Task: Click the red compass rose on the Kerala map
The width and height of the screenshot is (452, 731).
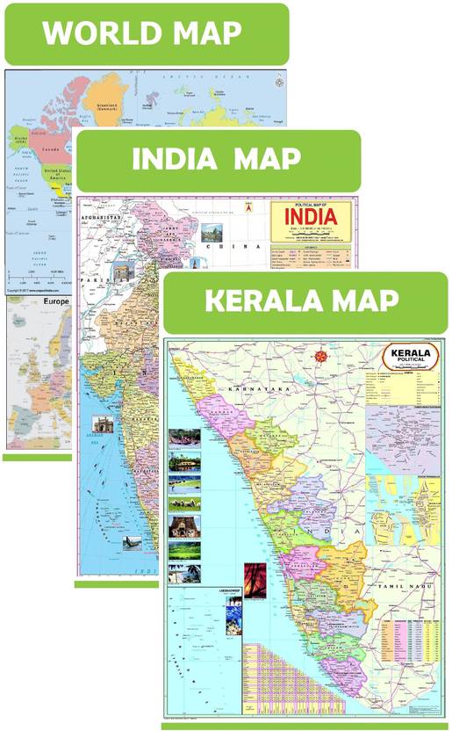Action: (x=320, y=356)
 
